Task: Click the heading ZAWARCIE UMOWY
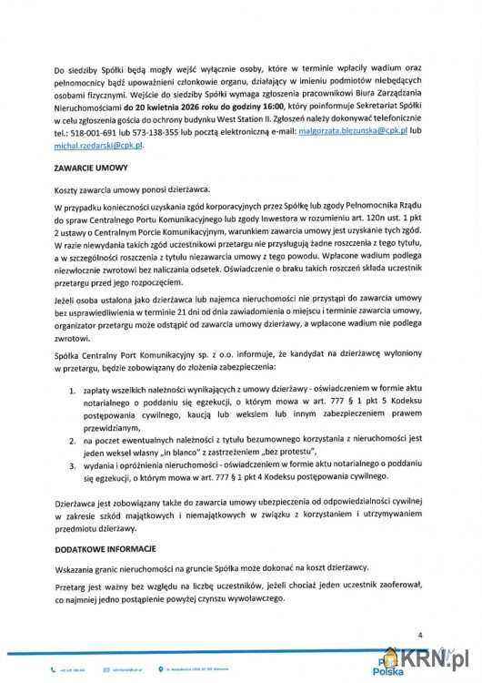coord(91,168)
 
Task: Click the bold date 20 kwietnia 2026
coord(172,106)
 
